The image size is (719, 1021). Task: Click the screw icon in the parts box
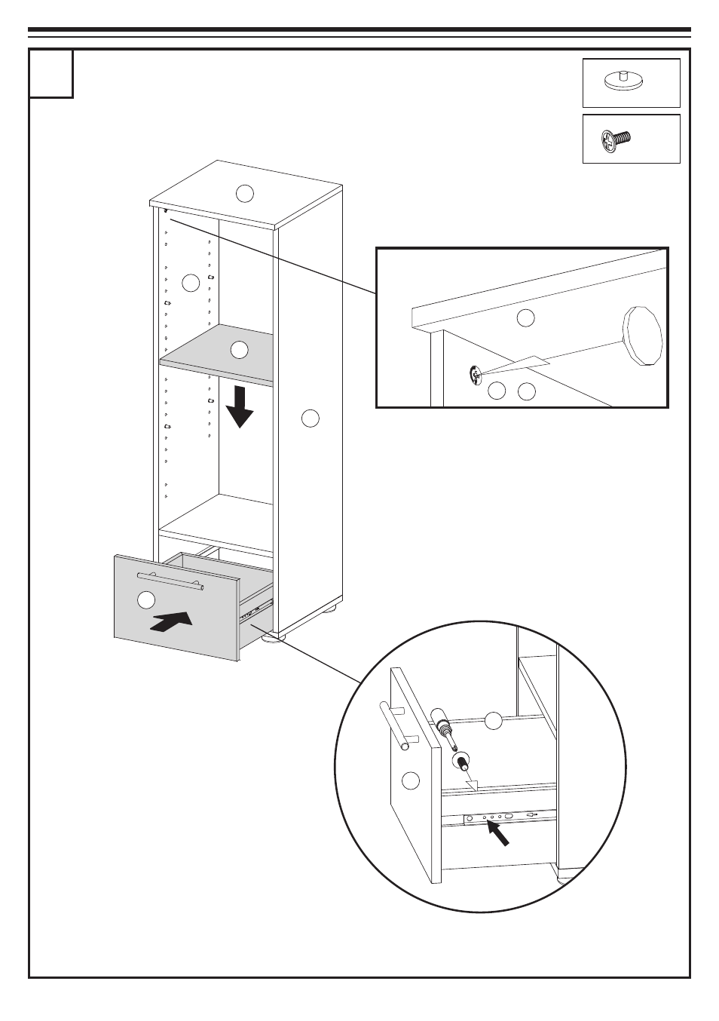coord(616,140)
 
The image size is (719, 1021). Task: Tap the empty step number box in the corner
coord(51,74)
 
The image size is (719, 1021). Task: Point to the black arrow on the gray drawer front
coord(172,622)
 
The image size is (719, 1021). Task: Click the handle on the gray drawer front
coord(170,579)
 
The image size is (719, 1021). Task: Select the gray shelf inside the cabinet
coord(219,354)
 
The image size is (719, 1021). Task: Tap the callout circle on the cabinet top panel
coord(244,193)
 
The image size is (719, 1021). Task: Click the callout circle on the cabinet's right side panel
coord(311,418)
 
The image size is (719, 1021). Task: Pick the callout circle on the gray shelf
coord(239,350)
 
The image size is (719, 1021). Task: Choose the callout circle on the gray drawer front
coord(146,600)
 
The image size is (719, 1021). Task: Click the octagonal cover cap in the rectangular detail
coord(642,335)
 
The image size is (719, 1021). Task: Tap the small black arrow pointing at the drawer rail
coord(498,833)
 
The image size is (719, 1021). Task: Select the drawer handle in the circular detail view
coord(394,725)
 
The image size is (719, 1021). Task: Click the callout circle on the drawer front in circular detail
coord(410,781)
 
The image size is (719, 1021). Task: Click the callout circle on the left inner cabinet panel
coord(191,283)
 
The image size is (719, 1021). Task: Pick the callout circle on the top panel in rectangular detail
coord(525,317)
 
